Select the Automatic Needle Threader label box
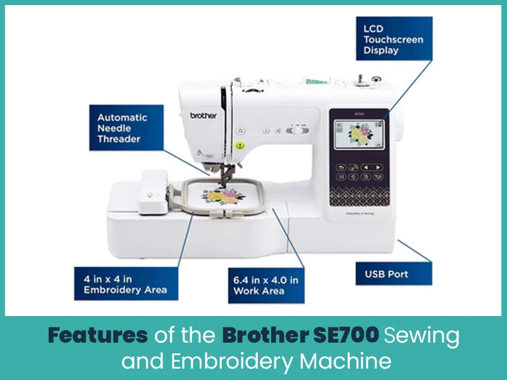[x=122, y=129]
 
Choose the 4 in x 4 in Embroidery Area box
[x=125, y=283]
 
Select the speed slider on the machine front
[x=295, y=131]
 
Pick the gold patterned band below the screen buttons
[x=358, y=188]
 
